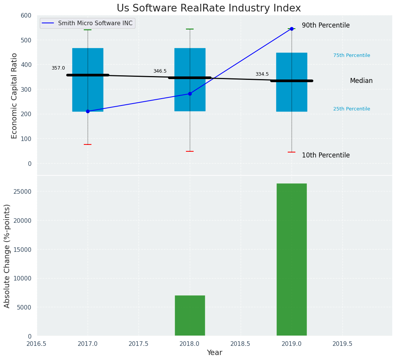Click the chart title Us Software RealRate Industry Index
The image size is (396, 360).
[x=209, y=8]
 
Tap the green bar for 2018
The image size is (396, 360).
[x=190, y=315]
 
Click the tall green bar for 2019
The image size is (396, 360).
[x=292, y=259]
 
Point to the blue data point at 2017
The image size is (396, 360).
[x=88, y=111]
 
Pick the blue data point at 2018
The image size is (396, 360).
[x=190, y=94]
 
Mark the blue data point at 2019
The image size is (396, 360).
[x=292, y=29]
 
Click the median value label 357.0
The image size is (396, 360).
[x=58, y=68]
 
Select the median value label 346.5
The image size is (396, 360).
[x=160, y=71]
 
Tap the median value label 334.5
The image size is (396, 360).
[x=262, y=74]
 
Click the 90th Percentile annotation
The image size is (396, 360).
[x=326, y=25]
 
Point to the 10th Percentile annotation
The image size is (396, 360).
[x=326, y=155]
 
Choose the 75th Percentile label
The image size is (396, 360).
[x=352, y=55]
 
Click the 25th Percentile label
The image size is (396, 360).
[x=352, y=109]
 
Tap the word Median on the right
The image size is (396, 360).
[x=361, y=81]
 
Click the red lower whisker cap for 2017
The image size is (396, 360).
[x=88, y=144]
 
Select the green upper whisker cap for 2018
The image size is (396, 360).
[x=190, y=29]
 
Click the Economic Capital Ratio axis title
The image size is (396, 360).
[x=15, y=96]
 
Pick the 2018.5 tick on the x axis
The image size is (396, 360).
[x=241, y=344]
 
